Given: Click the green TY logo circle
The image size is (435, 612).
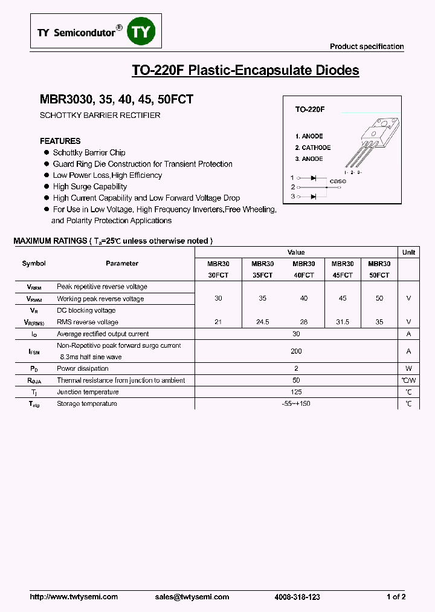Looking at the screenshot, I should click(144, 33).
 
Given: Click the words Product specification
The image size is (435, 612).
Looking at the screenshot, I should click(367, 47).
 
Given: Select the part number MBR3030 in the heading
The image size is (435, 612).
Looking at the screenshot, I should click(62, 100).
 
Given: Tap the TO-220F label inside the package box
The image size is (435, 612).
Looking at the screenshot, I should click(310, 109).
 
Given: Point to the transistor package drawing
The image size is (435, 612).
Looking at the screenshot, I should click(372, 142).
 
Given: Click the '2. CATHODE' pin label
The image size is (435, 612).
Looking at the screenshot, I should click(313, 148).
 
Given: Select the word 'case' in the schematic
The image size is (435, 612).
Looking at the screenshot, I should click(338, 181).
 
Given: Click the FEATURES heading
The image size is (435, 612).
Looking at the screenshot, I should click(60, 141).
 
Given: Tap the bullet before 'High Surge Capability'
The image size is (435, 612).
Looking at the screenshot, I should click(46, 187).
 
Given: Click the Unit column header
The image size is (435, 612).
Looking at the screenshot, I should click(408, 252).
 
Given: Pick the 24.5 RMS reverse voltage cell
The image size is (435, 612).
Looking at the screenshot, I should click(262, 322).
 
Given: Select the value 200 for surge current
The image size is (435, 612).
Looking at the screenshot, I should click(296, 351).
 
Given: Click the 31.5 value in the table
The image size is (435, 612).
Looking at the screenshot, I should click(342, 322).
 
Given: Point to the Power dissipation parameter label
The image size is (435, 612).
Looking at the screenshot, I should click(83, 368).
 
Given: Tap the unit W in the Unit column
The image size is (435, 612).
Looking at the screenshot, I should click(408, 368).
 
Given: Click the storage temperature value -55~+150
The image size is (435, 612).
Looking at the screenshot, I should click(296, 403).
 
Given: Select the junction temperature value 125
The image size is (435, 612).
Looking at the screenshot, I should click(296, 392).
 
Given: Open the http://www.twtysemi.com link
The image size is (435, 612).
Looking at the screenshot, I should click(74, 597).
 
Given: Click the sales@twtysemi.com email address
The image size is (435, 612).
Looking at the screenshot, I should click(192, 597).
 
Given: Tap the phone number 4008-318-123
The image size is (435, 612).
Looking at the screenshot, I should click(297, 597).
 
